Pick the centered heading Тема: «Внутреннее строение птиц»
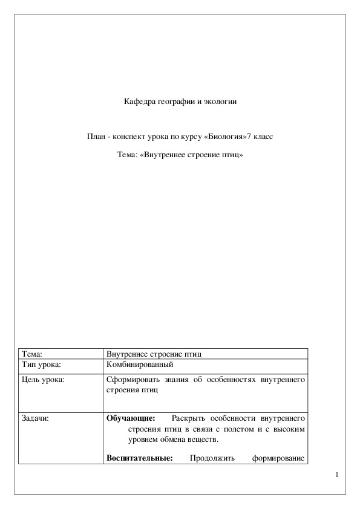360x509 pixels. pyautogui.click(x=180, y=155)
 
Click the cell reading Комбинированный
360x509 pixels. pyautogui.click(x=140, y=365)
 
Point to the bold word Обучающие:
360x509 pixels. pyautogui.click(x=131, y=418)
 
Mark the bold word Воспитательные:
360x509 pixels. pyautogui.click(x=139, y=458)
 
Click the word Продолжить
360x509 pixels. pyautogui.click(x=209, y=458)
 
